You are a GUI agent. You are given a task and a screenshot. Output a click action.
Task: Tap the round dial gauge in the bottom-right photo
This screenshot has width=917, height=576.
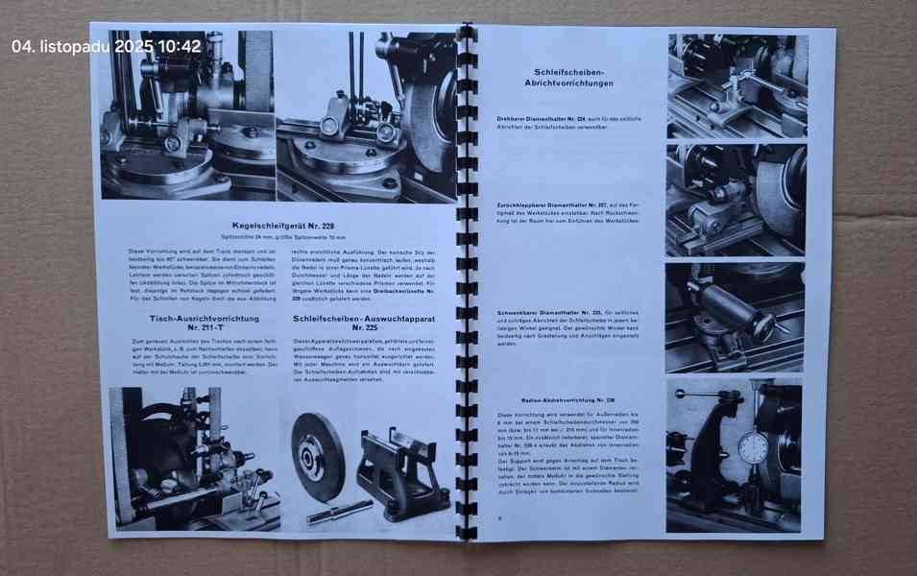click(x=755, y=447)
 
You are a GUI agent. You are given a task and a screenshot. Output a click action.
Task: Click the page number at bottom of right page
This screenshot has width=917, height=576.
click(x=500, y=518)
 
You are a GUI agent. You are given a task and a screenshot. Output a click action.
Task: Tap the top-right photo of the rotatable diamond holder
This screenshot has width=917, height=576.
click(x=736, y=85)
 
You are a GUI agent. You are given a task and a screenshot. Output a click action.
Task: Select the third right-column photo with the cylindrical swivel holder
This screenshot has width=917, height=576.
click(x=736, y=318)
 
